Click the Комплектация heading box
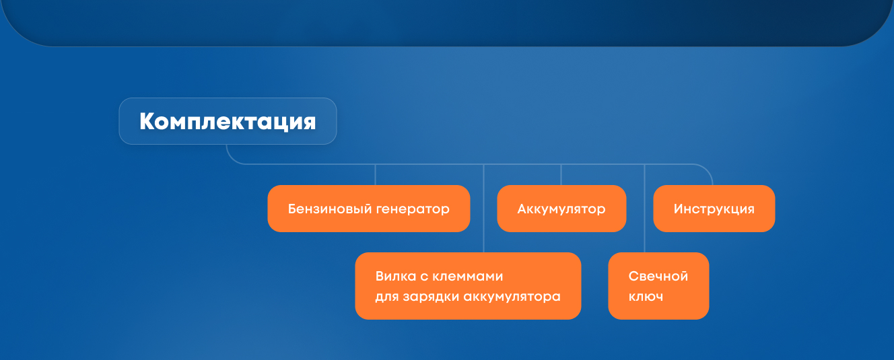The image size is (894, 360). (228, 121)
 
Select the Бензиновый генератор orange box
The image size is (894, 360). (369, 209)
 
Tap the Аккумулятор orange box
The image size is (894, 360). (561, 209)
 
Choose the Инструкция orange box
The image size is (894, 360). (714, 209)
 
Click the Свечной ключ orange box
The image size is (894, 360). (658, 286)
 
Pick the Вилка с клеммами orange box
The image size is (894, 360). (468, 286)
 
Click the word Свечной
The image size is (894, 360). (658, 276)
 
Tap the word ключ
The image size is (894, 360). (646, 297)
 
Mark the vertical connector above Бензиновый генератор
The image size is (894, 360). (375, 174)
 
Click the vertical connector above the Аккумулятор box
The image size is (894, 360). (561, 174)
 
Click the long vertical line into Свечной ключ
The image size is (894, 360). (644, 208)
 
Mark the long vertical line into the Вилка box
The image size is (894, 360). (484, 208)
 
